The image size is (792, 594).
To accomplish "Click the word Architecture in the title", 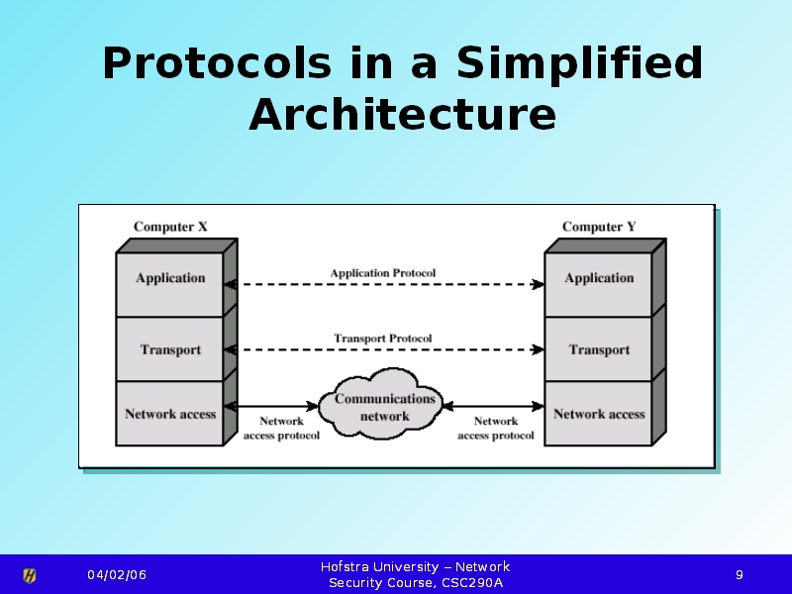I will click(x=402, y=114).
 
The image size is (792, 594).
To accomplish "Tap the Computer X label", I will click(x=170, y=227).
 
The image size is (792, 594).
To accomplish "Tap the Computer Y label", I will click(x=599, y=227).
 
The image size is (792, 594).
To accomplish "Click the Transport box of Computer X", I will click(x=170, y=349).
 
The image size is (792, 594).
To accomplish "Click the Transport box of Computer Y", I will click(x=598, y=349).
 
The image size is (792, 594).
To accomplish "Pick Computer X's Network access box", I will click(x=170, y=414).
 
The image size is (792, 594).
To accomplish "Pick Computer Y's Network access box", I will click(x=598, y=414).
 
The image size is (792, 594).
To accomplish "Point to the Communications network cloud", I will click(x=384, y=407).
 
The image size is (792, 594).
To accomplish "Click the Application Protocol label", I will click(x=382, y=272).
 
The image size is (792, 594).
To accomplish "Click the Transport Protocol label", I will click(x=382, y=338).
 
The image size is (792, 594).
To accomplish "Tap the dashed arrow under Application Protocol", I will click(x=384, y=284).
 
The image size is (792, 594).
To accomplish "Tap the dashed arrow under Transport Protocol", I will click(x=384, y=349).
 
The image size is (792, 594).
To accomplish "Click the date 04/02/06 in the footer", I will click(x=116, y=575).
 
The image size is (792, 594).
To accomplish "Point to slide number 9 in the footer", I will click(x=739, y=575).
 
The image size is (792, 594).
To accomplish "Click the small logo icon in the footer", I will click(x=30, y=575).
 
